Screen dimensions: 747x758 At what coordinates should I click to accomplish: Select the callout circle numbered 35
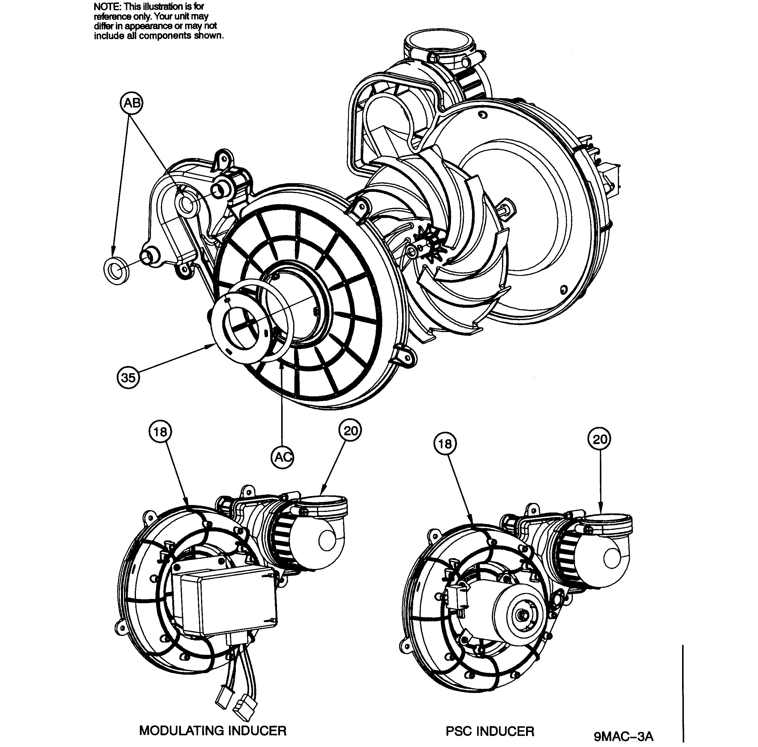(128, 378)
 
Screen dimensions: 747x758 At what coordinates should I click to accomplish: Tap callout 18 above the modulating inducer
(160, 432)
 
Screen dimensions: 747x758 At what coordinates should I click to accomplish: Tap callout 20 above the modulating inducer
(350, 431)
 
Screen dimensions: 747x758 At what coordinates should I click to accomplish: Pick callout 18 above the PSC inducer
(445, 444)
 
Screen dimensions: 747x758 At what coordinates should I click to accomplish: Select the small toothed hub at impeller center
(431, 245)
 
